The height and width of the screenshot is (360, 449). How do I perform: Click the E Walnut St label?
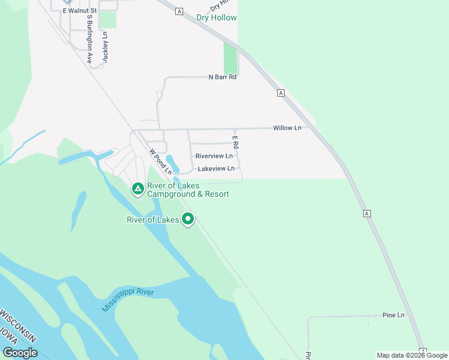point(80,10)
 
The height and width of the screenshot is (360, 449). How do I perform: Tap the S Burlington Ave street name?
point(88,43)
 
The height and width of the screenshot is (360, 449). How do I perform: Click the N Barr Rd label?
point(223,77)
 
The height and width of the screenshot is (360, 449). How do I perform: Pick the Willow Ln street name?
point(286,128)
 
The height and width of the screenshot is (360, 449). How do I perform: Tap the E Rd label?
point(235,143)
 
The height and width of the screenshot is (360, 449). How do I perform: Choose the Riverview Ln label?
point(214,156)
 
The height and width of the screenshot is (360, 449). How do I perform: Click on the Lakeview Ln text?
point(216,169)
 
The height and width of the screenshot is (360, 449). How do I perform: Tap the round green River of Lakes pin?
point(188,220)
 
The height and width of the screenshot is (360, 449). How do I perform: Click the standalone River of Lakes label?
point(152,220)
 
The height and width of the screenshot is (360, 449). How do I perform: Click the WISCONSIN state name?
point(19,327)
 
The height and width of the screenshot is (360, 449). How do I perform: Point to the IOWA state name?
point(9,336)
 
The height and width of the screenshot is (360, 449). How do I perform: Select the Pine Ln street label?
point(393,315)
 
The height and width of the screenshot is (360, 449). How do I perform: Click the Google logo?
point(20,353)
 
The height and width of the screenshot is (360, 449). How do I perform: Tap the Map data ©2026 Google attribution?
point(412,355)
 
